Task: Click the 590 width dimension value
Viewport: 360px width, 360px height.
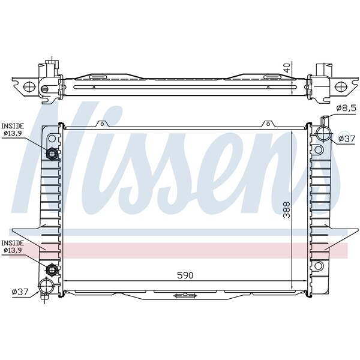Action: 185,275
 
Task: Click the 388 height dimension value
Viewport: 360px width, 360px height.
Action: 286,209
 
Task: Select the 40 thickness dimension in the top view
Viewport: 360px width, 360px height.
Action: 287,67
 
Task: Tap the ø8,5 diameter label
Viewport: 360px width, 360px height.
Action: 346,108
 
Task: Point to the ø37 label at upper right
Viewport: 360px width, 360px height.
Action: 347,139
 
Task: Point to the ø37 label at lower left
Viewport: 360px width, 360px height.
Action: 20,292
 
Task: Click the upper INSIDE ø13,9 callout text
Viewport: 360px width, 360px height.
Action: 13,129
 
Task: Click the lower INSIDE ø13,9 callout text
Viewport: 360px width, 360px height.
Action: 13,247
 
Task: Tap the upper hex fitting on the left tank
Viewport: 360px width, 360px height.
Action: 52,154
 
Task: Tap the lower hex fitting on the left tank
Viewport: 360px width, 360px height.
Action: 52,269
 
